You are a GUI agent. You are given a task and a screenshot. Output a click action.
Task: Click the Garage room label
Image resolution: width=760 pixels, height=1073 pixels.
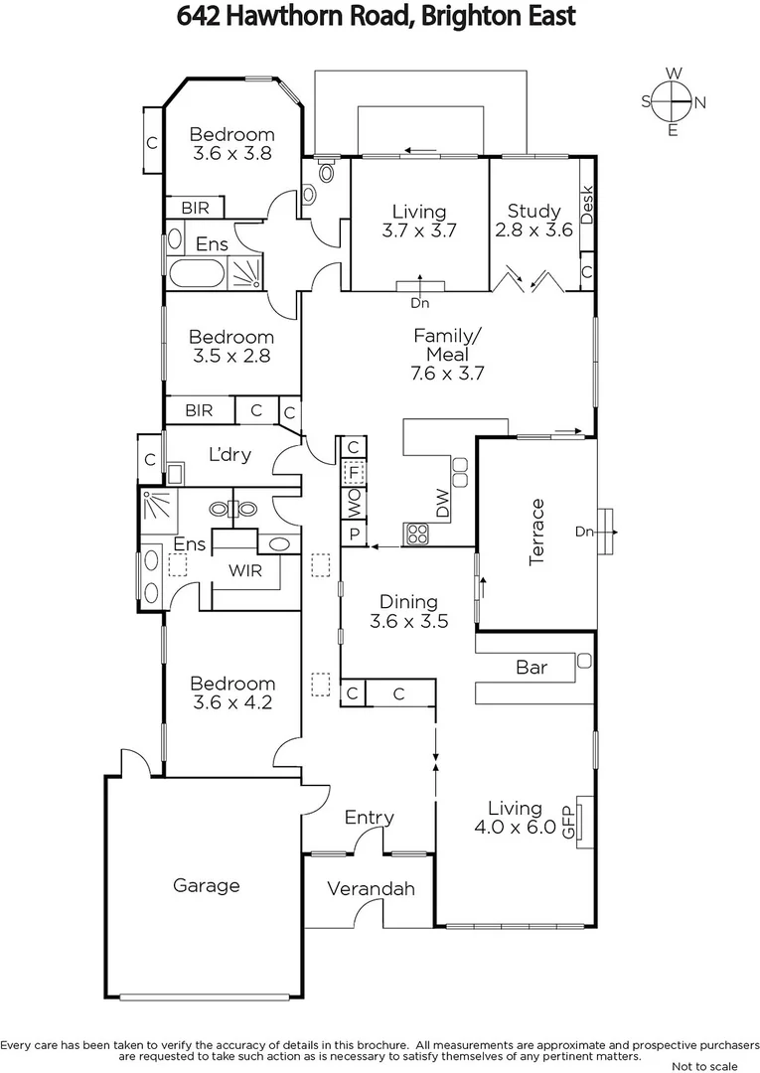206,885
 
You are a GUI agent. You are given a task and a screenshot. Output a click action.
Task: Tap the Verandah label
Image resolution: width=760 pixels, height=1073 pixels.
371,888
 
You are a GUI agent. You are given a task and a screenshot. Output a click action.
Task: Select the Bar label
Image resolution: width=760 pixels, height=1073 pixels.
532,668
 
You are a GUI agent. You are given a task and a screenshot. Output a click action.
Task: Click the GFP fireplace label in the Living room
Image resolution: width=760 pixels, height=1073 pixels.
569,820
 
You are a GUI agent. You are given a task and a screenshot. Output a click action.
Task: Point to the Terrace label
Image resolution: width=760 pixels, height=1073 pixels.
537,533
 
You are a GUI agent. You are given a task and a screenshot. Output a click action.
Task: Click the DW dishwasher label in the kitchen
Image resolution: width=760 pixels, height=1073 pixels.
443,504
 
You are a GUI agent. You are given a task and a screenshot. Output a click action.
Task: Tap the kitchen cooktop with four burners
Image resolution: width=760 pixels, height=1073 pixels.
414,535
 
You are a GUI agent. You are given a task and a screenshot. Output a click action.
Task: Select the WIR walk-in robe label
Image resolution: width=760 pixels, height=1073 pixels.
245,571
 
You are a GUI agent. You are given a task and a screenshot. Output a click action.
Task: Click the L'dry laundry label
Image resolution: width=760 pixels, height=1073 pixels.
229,455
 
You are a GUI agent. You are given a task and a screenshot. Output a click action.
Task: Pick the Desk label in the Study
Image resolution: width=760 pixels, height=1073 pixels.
586,204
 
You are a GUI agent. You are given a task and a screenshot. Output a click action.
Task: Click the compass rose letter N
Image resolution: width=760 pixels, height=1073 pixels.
700,101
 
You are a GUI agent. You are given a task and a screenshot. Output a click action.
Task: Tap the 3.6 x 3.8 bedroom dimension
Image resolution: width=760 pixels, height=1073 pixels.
231,154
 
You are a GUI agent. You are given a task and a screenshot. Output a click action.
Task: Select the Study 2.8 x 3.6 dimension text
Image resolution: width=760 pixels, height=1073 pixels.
534,230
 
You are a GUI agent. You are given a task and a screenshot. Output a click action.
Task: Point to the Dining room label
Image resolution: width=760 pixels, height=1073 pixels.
409,602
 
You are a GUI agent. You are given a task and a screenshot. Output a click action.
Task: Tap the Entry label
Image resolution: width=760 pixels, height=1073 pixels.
370,818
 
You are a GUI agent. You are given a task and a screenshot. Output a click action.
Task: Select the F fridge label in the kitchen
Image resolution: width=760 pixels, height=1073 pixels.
353,474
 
